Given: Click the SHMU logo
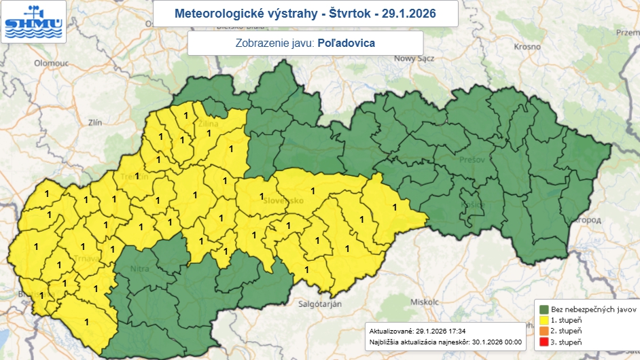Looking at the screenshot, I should point(33,21).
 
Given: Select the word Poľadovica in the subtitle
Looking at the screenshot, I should point(346,42).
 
